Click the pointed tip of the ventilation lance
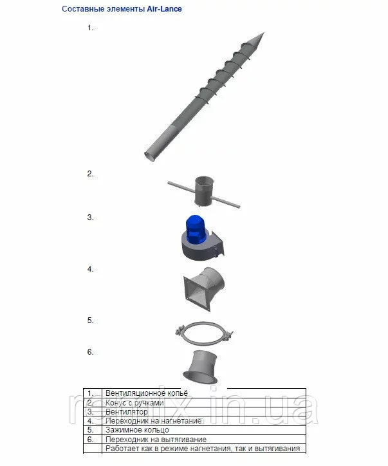264,33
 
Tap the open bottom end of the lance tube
149,156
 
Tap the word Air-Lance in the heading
164,9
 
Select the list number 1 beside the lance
90,28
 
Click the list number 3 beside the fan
90,218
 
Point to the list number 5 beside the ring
90,321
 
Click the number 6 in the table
91,439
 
